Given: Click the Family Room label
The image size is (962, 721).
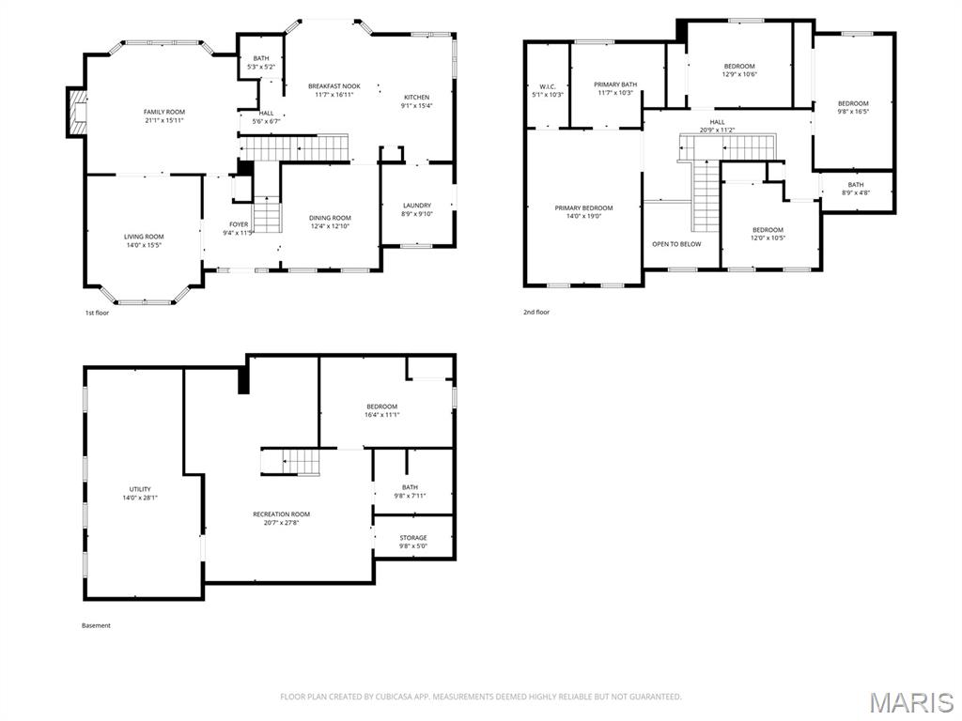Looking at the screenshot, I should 163,112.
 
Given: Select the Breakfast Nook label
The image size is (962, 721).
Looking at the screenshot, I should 334,86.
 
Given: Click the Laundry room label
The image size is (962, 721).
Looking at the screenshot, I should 416,206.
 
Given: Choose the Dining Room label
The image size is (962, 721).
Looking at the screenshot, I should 330,218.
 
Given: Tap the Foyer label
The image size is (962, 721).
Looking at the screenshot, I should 239,224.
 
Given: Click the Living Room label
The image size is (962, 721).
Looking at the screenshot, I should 144,237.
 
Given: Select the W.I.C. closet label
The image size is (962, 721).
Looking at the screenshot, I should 547,86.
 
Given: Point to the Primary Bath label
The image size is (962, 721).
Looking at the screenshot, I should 615,84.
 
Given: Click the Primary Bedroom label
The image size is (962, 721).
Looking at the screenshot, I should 583,208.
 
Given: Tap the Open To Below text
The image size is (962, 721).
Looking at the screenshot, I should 676,244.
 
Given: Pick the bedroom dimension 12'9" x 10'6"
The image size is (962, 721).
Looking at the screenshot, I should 739,74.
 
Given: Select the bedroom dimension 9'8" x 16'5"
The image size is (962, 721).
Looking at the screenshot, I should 853,112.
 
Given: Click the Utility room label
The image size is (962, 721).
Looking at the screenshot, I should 140,489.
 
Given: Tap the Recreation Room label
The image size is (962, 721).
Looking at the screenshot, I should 281,514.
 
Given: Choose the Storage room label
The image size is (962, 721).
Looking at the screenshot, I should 413,538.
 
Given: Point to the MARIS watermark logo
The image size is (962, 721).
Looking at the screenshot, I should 910,702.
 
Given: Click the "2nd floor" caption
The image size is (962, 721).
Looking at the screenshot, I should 536,312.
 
